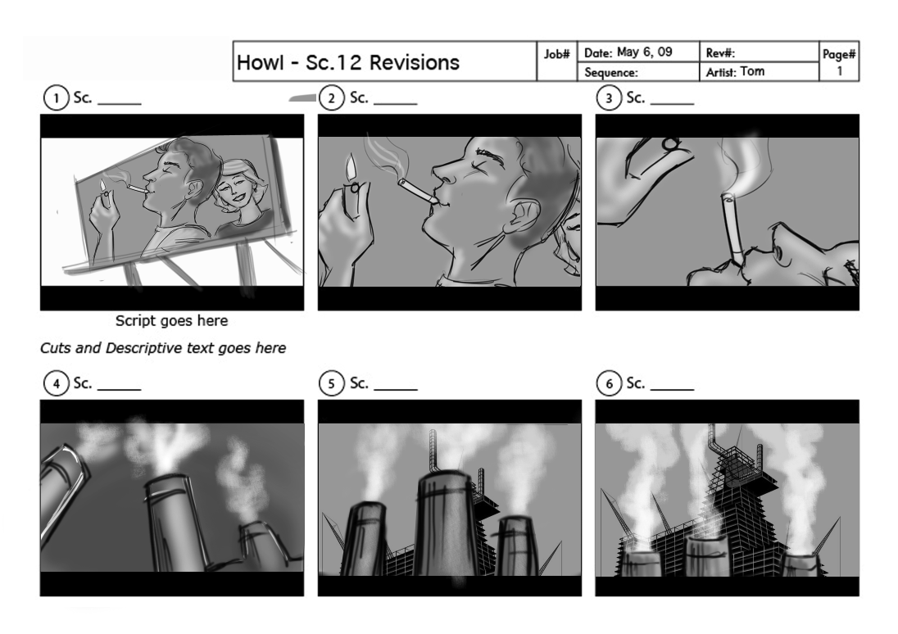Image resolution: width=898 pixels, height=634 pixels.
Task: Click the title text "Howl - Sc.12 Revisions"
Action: (348, 62)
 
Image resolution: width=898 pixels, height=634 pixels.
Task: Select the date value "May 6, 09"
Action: (644, 52)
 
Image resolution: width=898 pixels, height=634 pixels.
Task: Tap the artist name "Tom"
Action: (752, 71)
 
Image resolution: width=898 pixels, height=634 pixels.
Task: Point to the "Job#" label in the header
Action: (556, 54)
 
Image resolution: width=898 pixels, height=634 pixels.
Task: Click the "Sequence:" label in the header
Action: (611, 73)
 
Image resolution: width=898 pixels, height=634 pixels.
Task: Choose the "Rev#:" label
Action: (720, 53)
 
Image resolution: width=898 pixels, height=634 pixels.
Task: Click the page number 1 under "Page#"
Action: (840, 71)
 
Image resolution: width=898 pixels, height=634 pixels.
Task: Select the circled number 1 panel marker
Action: (56, 98)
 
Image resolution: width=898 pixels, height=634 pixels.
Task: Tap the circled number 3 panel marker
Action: (609, 98)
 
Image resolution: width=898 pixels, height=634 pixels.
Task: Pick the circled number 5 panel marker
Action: (331, 383)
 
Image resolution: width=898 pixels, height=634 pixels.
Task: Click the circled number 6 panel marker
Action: (609, 383)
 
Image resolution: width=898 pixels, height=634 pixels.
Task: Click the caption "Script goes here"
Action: (172, 321)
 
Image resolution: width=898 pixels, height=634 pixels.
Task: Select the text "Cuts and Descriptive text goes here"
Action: (163, 348)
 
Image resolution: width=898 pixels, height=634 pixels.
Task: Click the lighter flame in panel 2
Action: (350, 169)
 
